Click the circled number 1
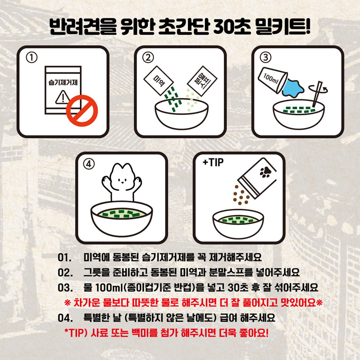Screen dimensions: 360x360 click(32, 58)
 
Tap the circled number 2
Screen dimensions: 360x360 click(148, 58)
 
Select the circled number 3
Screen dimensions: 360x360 click(265, 57)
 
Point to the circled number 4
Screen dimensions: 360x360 click(89, 164)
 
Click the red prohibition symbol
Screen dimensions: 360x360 click(82, 111)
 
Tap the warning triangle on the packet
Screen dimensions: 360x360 click(63, 97)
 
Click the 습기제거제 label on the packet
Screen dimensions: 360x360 click(63, 82)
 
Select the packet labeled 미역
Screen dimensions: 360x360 click(159, 81)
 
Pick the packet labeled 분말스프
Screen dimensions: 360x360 click(202, 81)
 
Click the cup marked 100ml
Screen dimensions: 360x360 click(273, 80)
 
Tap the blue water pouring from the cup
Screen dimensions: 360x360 click(292, 88)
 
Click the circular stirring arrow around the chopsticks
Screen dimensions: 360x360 click(318, 88)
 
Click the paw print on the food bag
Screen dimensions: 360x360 click(265, 172)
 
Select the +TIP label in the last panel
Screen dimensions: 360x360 click(213, 162)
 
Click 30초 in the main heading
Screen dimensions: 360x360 click(231, 27)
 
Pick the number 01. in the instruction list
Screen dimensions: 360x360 click(64, 257)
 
